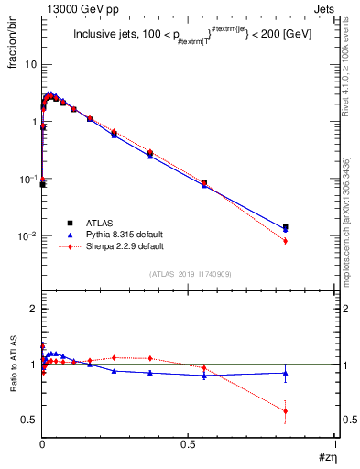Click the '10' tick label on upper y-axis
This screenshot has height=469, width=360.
[31, 65]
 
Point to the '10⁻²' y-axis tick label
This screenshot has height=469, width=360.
[29, 236]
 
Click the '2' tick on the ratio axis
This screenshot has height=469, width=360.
[34, 310]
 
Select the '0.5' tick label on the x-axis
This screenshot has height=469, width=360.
[189, 444]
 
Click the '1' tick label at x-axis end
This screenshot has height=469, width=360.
[335, 444]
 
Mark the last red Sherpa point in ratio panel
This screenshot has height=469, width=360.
[286, 410]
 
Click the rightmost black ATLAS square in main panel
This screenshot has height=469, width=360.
[286, 226]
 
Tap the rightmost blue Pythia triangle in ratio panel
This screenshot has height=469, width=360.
[286, 372]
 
